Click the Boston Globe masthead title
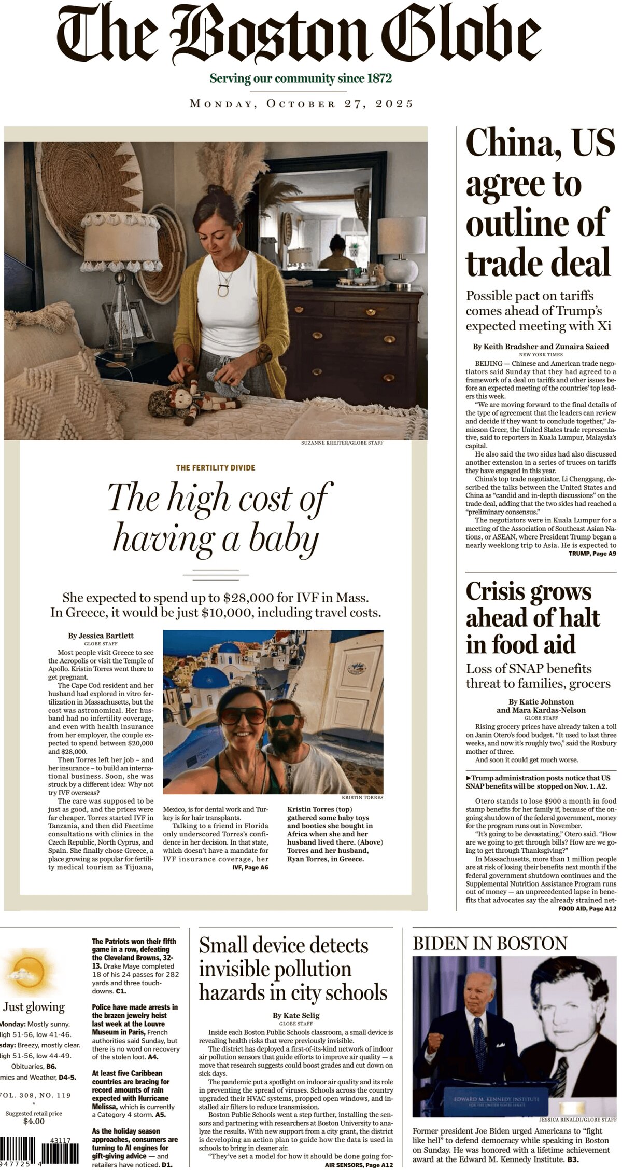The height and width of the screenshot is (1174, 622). click(299, 36)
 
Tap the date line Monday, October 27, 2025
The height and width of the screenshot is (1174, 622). click(302, 103)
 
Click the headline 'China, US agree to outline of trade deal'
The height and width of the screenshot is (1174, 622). click(539, 203)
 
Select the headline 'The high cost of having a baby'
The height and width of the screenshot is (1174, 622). click(217, 517)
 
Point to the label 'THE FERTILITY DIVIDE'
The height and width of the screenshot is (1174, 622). click(216, 467)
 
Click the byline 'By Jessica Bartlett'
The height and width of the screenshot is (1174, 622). click(101, 636)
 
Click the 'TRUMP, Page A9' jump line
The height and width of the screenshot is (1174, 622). click(592, 554)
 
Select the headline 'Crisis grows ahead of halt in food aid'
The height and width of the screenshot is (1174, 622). click(533, 618)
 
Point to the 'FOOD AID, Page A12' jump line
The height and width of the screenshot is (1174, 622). click(587, 909)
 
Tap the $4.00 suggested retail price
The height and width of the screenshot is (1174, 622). click(34, 1121)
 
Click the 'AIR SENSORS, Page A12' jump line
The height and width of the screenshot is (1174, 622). click(359, 1165)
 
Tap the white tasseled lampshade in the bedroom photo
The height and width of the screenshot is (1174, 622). click(121, 239)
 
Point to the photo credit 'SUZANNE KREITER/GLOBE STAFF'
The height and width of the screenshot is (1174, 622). click(342, 443)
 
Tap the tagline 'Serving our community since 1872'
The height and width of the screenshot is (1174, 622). click(301, 79)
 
